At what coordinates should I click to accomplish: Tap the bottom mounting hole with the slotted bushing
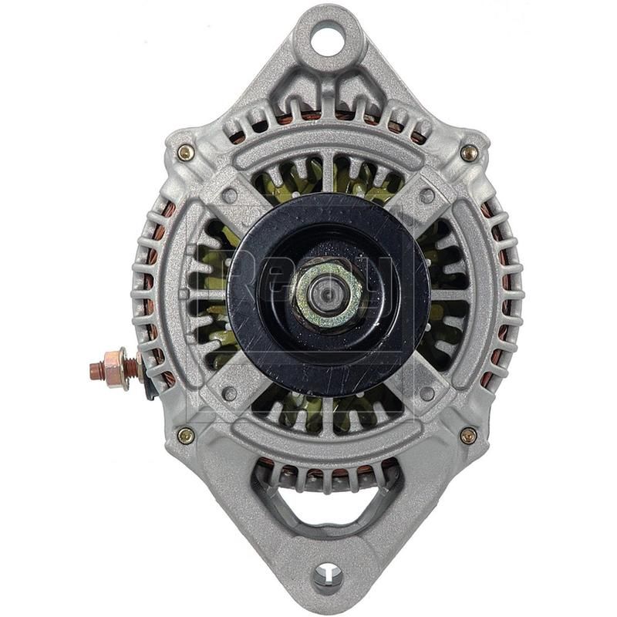(x=329, y=575)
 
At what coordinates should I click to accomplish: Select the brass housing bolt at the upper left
(x=185, y=153)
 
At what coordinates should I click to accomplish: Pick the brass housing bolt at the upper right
(x=469, y=153)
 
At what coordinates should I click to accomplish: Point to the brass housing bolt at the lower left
(x=185, y=436)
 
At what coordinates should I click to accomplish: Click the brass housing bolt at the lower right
(x=468, y=436)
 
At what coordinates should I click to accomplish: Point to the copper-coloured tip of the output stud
(x=96, y=370)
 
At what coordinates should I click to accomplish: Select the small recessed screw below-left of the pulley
(x=229, y=393)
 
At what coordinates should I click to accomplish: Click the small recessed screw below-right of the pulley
(x=427, y=393)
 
